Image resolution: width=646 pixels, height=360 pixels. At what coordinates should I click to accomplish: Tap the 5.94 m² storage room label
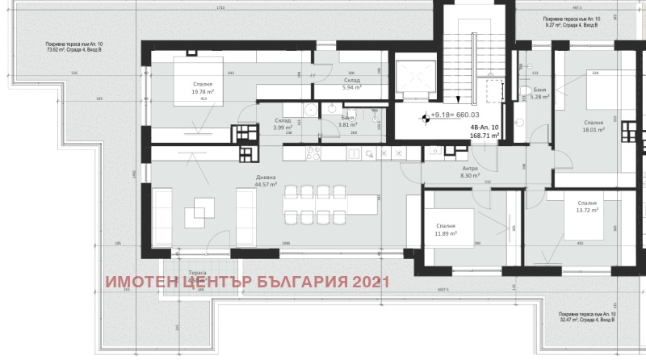point(351,84)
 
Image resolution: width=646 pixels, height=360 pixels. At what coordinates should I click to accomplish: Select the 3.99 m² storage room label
point(283,124)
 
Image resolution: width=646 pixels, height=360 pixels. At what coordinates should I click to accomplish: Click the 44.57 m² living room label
point(266,181)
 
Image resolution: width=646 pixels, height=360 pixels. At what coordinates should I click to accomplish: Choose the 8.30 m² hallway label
point(470,172)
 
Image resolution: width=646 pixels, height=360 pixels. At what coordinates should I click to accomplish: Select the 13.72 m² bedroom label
point(587,207)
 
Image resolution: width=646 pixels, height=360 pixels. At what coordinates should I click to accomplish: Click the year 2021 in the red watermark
point(369,282)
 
